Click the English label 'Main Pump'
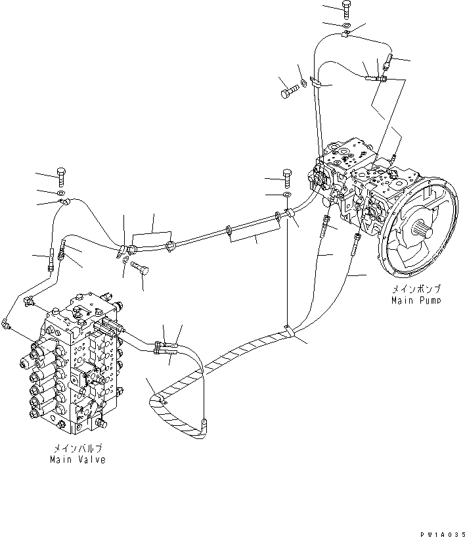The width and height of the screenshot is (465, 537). tap(416, 300)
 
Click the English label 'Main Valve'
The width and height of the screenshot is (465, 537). tap(77, 459)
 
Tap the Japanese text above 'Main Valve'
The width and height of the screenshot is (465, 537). tap(77, 449)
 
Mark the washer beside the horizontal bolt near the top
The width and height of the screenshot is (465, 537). tap(303, 83)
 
